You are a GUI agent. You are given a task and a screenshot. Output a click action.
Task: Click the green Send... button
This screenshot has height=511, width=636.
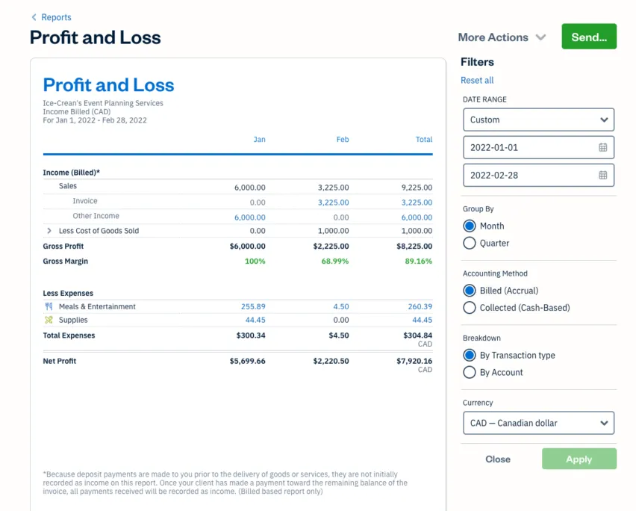(589, 37)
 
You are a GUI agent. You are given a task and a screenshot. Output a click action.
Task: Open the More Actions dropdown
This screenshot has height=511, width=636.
(502, 37)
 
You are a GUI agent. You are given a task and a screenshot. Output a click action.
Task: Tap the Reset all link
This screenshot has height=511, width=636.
(477, 80)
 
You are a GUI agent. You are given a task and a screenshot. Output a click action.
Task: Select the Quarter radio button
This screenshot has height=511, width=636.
(470, 243)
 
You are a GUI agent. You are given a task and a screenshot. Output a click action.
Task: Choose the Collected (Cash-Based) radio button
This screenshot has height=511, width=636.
(470, 308)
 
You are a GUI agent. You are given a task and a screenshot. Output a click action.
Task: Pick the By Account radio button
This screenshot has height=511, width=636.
(470, 372)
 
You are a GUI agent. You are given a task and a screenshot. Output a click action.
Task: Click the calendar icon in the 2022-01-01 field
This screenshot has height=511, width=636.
(603, 147)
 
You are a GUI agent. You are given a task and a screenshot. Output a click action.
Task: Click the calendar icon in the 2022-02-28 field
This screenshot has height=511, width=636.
(603, 175)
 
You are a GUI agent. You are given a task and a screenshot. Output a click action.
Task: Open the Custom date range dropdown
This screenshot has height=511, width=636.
(538, 120)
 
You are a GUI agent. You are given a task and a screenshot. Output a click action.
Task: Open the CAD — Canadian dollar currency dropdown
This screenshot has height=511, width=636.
(538, 423)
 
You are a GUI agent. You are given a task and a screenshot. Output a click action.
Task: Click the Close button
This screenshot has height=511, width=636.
(498, 459)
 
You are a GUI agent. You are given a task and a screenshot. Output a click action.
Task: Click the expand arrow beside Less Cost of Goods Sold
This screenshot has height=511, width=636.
(49, 231)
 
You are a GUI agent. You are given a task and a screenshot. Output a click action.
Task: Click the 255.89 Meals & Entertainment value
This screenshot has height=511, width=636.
(253, 306)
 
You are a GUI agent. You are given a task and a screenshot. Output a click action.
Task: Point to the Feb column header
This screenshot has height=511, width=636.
(342, 140)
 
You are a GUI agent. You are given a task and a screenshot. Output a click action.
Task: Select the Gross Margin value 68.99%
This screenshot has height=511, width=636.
(335, 261)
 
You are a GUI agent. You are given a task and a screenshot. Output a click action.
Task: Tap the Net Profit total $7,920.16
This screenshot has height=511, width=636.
(414, 361)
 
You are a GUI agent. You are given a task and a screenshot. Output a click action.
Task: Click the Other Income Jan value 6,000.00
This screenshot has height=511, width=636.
(249, 217)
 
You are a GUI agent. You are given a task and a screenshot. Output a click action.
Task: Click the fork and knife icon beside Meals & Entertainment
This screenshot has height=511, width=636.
(49, 306)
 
